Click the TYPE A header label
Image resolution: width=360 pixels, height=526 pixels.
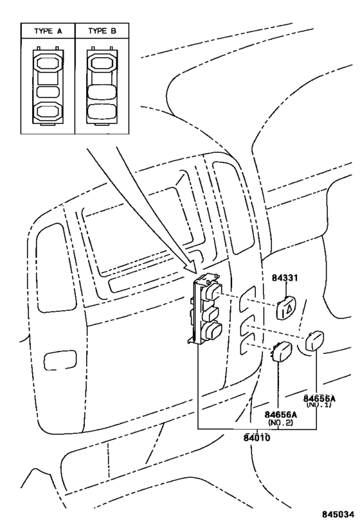tap(48, 31)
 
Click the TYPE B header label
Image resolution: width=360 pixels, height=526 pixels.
tap(102, 31)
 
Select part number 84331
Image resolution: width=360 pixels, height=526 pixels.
tap(285, 277)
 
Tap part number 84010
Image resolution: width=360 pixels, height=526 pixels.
tap(257, 437)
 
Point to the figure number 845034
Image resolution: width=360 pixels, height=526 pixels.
tap(338, 514)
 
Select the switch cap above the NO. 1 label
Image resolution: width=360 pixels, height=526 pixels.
tap(315, 340)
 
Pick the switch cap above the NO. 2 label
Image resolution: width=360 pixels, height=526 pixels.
tap(282, 351)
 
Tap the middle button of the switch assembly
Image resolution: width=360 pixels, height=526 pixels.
tap(211, 315)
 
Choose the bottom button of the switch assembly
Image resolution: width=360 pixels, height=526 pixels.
tap(213, 332)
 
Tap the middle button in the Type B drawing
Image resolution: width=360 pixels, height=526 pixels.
tap(102, 92)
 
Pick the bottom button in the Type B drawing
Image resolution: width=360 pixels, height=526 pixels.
tap(102, 111)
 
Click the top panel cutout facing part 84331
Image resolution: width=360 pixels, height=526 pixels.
tap(247, 297)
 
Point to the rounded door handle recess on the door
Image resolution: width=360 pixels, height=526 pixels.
tap(60, 360)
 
